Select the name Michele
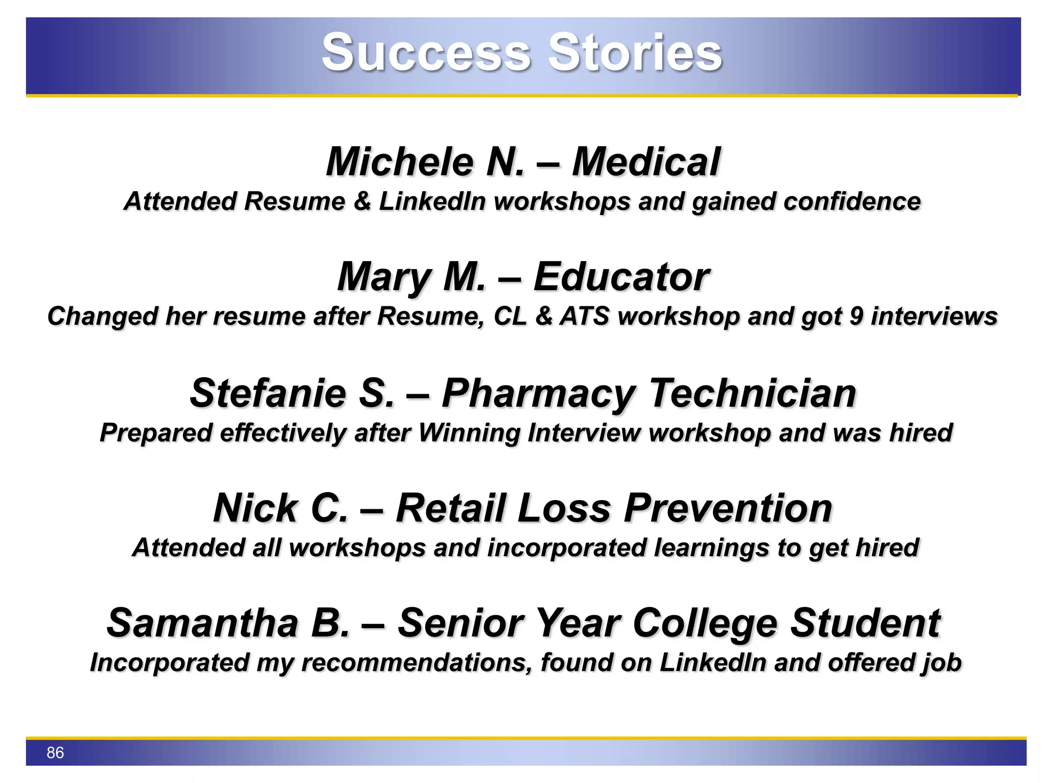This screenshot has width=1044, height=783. coord(401,162)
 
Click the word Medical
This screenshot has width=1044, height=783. coord(646,162)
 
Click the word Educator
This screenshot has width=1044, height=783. coord(621,277)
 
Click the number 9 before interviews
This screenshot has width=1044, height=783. coord(856,316)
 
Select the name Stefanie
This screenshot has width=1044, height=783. coord(268,393)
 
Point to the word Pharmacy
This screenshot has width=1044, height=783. coord(538,394)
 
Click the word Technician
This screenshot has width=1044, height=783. coord(753,393)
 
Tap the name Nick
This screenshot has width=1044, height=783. coord(255,508)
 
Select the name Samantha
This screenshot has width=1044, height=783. coord(202,623)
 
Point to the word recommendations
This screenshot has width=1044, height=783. coord(417,663)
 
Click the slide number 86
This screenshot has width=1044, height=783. coord(55,752)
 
